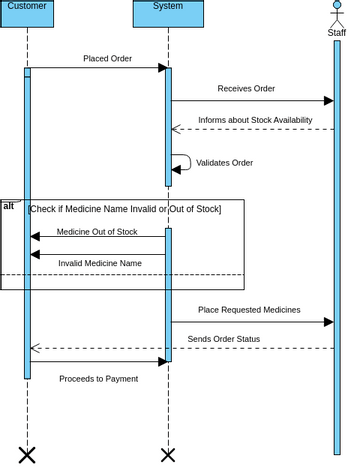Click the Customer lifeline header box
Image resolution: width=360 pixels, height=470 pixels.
click(27, 12)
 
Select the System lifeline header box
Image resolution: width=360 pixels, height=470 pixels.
click(168, 12)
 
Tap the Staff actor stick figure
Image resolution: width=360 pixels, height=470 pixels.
click(337, 14)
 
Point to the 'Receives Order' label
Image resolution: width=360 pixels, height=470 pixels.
click(246, 89)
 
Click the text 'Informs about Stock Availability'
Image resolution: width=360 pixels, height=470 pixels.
click(253, 120)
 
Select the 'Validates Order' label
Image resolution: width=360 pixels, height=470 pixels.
click(224, 162)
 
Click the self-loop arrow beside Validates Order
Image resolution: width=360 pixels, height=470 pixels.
click(181, 162)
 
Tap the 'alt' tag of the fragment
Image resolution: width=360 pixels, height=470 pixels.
click(9, 205)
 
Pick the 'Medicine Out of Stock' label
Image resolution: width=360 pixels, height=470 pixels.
click(97, 231)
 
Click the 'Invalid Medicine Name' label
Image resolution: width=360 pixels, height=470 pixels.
click(99, 263)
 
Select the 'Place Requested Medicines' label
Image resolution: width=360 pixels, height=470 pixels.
click(249, 310)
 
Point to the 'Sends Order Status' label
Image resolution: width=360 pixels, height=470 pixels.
click(223, 339)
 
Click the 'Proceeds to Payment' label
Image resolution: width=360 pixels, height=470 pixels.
click(98, 379)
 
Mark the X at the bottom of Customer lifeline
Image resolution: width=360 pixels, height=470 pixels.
click(27, 455)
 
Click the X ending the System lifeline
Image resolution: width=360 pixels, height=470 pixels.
click(168, 455)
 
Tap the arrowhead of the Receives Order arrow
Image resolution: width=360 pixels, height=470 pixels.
click(328, 100)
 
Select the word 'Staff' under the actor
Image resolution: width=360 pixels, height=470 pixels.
click(337, 33)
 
